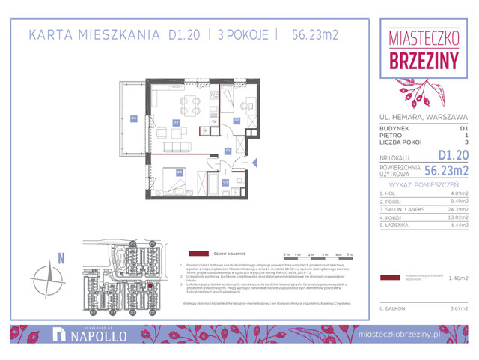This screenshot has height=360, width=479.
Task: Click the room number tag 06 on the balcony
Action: tap(134, 118)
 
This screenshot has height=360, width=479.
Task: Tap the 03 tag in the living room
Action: tap(176, 121)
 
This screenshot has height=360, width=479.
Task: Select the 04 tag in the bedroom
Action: tap(180, 172)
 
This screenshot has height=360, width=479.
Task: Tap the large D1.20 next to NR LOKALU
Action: tap(454, 155)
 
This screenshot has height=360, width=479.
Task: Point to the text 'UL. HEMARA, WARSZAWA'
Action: tap(424, 117)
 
